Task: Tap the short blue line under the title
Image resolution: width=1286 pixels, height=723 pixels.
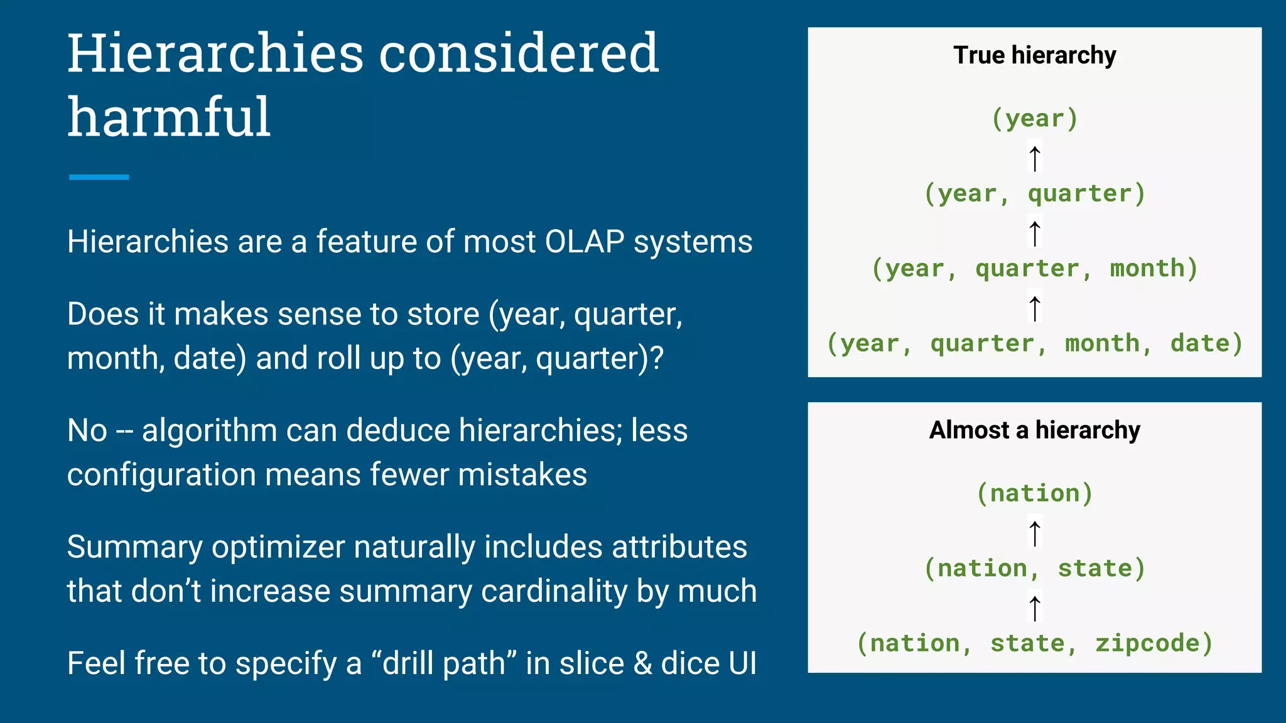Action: tap(99, 177)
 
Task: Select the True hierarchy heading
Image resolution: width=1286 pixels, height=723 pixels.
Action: tap(1034, 55)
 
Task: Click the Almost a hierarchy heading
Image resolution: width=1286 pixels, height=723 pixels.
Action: tap(1034, 431)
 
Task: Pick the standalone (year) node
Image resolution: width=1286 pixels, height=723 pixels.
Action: tap(1034, 119)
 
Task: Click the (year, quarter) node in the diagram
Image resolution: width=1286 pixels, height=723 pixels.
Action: tap(1034, 193)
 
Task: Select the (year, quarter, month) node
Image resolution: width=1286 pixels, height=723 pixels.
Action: tap(1034, 269)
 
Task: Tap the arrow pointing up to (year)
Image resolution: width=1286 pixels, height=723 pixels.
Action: tap(1035, 158)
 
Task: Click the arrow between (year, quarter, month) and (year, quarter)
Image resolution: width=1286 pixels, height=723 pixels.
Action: tap(1035, 233)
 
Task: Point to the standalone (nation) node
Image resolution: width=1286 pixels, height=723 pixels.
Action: tap(1034, 493)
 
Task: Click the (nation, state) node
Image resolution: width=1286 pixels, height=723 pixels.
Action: tap(1034, 569)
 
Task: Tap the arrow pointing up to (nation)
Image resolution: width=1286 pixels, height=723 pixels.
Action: tap(1035, 532)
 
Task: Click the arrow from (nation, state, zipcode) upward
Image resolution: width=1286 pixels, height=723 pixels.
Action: tap(1035, 608)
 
